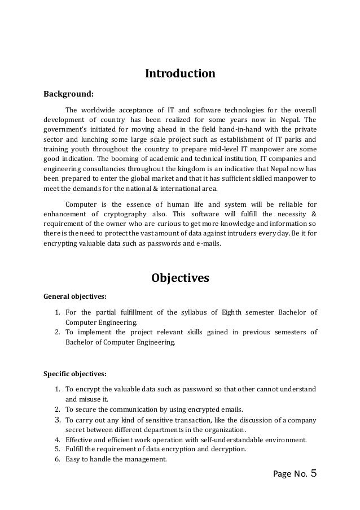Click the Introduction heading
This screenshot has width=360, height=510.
(180, 74)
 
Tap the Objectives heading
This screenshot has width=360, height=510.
(180, 278)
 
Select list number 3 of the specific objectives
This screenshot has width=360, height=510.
(58, 420)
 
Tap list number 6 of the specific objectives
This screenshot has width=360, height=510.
(58, 459)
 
